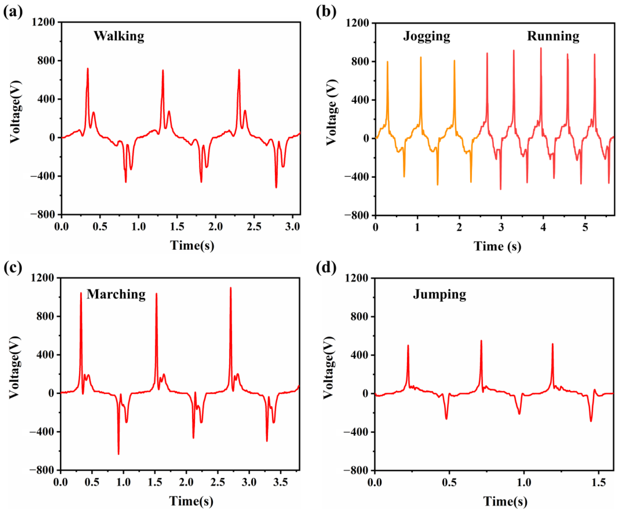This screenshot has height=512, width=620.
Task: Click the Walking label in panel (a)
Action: [119, 36]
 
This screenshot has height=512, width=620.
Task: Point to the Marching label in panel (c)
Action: [116, 294]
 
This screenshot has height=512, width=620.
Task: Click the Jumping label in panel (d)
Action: [439, 294]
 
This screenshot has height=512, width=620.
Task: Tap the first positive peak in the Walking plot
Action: [88, 69]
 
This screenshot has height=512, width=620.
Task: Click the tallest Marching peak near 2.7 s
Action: [231, 288]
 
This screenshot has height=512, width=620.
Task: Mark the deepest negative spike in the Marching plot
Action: [118, 454]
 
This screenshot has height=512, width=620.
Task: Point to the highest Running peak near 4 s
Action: [541, 48]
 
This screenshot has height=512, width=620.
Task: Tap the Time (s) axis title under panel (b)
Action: [497, 246]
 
